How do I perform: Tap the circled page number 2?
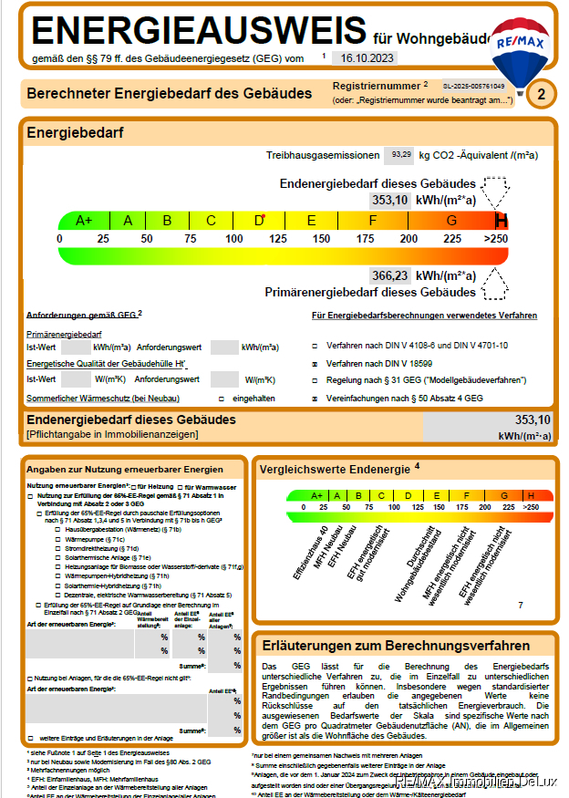pyautogui.click(x=542, y=93)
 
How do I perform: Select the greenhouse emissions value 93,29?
pyautogui.click(x=400, y=155)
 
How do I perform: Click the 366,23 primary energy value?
pyautogui.click(x=389, y=275)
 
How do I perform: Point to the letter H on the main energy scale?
pyautogui.click(x=501, y=221)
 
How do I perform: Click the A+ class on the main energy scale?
pyautogui.click(x=84, y=221)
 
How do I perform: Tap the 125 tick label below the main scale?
pyautogui.click(x=278, y=239)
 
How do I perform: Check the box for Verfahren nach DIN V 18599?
pyautogui.click(x=315, y=363)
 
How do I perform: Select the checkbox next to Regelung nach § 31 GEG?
pyautogui.click(x=315, y=379)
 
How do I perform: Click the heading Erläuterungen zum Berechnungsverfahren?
pyautogui.click(x=395, y=646)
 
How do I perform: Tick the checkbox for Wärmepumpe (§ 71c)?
pyautogui.click(x=59, y=540)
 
